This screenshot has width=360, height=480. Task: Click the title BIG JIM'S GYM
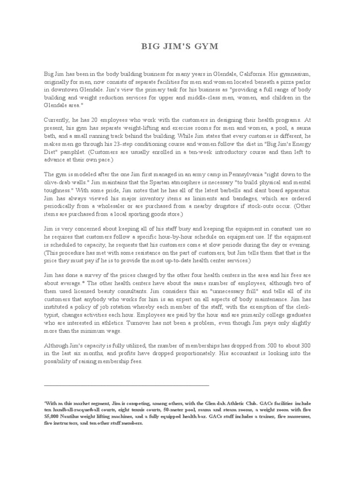(180, 47)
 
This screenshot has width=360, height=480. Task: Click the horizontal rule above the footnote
(126, 385)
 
